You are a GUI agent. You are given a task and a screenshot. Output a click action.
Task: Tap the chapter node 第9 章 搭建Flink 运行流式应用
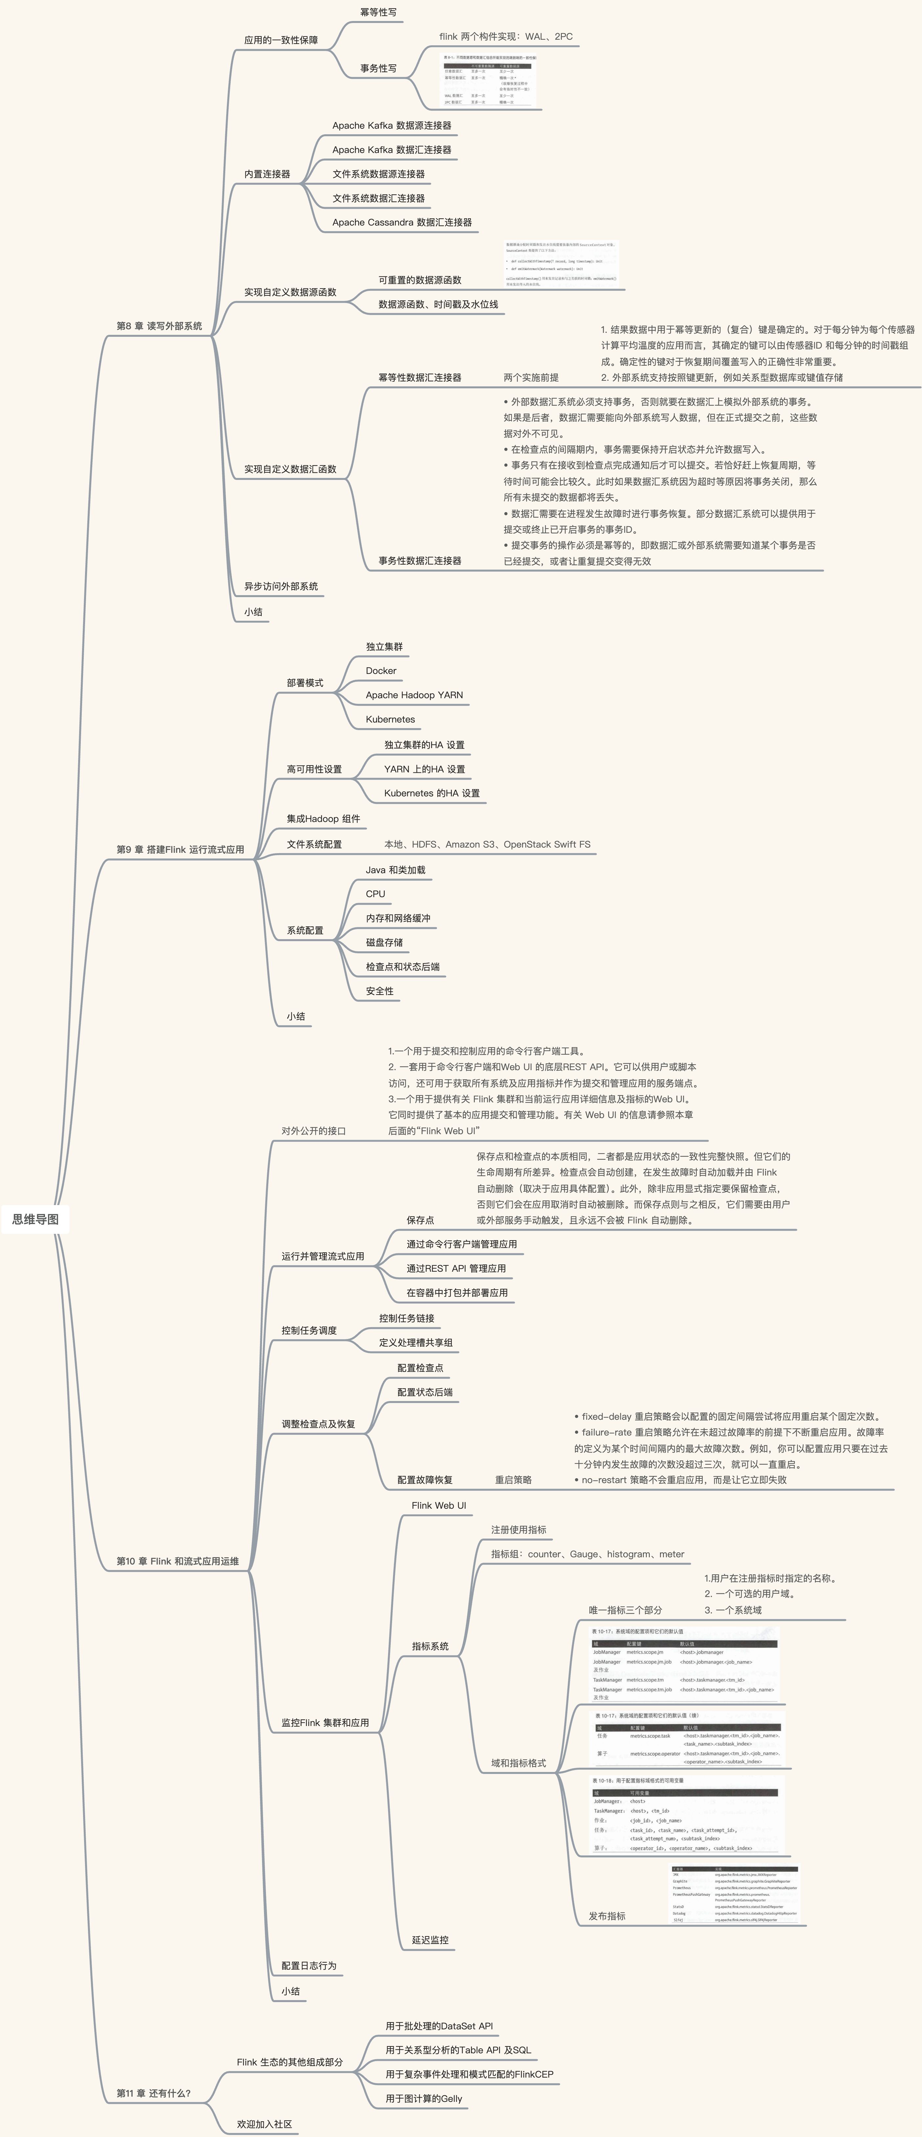(x=180, y=850)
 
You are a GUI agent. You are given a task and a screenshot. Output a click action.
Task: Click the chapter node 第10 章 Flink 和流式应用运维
(x=178, y=1561)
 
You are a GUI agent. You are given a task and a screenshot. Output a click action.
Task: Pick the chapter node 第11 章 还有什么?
(x=154, y=2093)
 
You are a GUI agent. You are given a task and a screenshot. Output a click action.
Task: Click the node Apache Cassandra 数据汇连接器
(x=402, y=222)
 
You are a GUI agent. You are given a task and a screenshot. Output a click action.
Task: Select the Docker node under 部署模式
(x=381, y=670)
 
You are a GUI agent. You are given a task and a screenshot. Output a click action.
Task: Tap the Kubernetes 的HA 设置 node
(x=431, y=793)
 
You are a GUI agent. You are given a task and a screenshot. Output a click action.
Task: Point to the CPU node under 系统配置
(x=375, y=894)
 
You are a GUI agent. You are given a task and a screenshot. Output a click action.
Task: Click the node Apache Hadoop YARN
(x=414, y=695)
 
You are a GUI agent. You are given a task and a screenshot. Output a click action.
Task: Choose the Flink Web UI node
(x=438, y=1505)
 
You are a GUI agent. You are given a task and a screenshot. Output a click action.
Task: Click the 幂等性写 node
(x=378, y=12)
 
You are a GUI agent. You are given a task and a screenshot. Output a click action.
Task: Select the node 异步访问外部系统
(x=280, y=587)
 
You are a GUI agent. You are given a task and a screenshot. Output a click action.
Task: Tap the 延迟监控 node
(x=430, y=1940)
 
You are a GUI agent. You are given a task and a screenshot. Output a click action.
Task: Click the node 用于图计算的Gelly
(x=423, y=2099)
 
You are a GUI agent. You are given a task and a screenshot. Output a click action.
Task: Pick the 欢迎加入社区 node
(x=264, y=2124)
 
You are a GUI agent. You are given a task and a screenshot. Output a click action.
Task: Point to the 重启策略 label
(x=513, y=1480)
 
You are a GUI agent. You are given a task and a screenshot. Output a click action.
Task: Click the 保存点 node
(x=420, y=1220)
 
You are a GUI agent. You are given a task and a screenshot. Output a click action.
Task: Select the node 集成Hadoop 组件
(x=323, y=819)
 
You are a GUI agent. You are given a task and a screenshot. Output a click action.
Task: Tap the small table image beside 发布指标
(x=735, y=1895)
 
